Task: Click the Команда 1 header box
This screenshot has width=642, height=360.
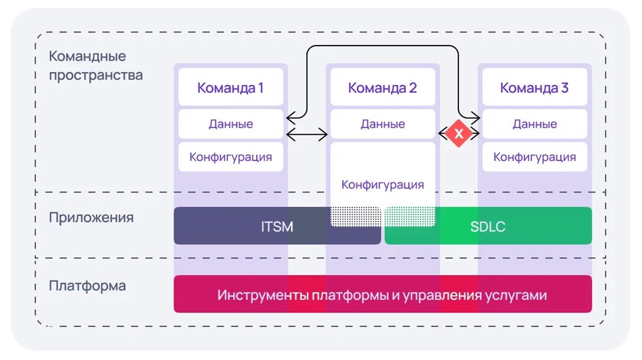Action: tap(231, 86)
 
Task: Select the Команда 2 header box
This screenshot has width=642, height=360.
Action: tap(383, 86)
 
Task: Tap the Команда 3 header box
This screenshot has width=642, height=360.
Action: tap(534, 86)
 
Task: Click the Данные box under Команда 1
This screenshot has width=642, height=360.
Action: tap(231, 124)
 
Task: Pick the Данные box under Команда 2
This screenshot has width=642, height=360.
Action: tap(383, 124)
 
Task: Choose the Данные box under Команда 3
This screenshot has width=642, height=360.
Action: tap(534, 124)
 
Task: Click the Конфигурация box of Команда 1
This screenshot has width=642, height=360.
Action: tap(231, 157)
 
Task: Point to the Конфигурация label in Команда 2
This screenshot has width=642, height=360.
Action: tap(383, 185)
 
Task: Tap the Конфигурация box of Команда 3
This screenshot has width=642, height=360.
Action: tap(534, 157)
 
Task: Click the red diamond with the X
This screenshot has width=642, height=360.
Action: tap(458, 134)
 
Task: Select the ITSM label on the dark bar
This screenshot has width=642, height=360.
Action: tap(277, 226)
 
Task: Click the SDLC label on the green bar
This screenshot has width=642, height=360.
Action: tap(488, 226)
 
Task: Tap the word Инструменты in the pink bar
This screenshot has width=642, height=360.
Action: tap(262, 295)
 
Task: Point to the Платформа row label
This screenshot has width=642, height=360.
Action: tap(87, 286)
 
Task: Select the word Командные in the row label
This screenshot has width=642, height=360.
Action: tap(87, 56)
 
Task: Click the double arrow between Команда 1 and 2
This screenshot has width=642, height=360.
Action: tap(307, 134)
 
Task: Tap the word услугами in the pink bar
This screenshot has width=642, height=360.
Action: tap(516, 295)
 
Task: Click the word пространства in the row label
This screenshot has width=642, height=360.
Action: tap(96, 76)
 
